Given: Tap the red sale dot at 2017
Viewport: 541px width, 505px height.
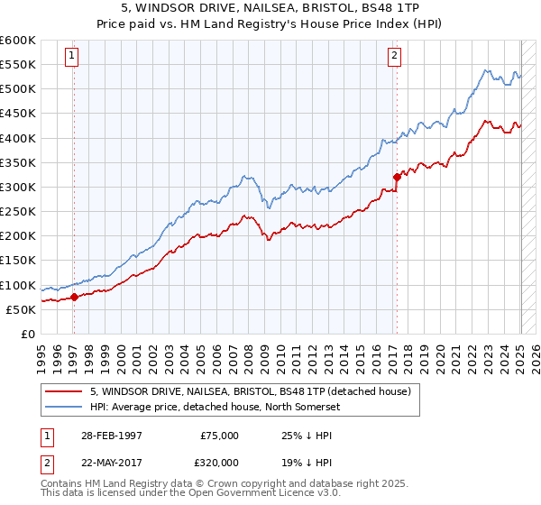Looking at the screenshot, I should pyautogui.click(x=396, y=177).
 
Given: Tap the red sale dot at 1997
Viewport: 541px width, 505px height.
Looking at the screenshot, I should pyautogui.click(x=74, y=297).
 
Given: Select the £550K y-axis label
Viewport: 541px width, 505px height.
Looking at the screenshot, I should pyautogui.click(x=19, y=65).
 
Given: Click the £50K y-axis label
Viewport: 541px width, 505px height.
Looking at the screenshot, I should pyautogui.click(x=23, y=309).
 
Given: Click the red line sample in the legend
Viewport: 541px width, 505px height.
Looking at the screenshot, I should pyautogui.click(x=63, y=391).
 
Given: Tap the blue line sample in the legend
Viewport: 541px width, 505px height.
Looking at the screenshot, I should pyautogui.click(x=63, y=407).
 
